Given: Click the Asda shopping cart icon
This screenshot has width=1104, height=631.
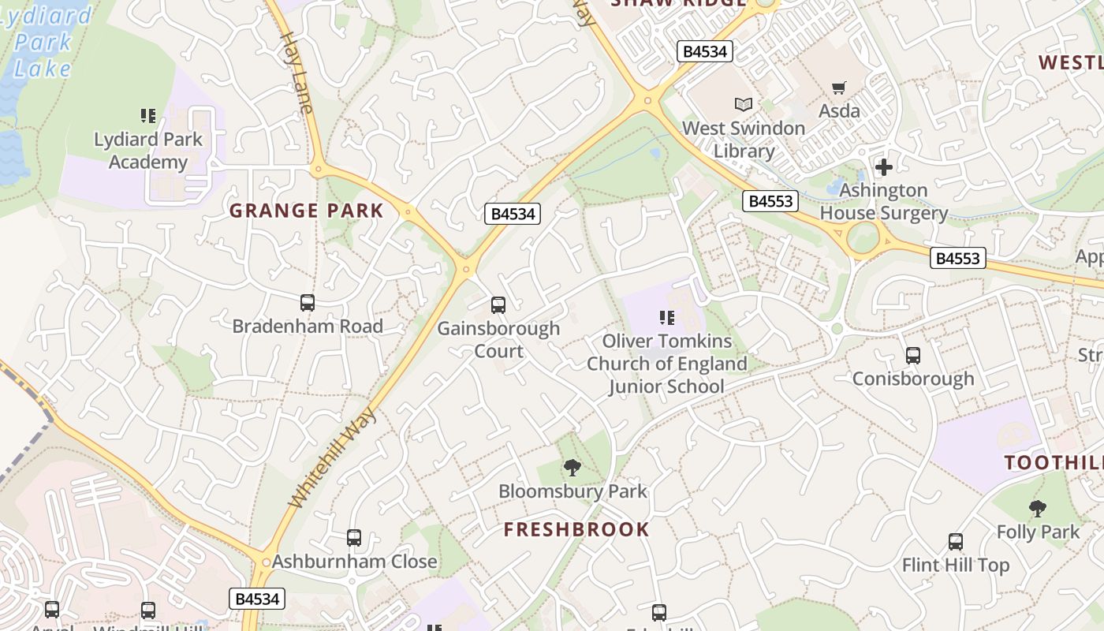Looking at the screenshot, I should pyautogui.click(x=838, y=88).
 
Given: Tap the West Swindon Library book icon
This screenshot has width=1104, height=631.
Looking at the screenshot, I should pyautogui.click(x=743, y=104).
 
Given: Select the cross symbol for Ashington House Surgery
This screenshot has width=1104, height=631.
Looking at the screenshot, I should pyautogui.click(x=884, y=167).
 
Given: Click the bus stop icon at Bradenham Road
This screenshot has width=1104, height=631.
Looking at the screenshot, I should pyautogui.click(x=308, y=303).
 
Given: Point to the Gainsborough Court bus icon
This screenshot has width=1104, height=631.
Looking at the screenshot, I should pyautogui.click(x=498, y=305).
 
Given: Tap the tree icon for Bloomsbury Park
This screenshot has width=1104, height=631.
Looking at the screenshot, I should pyautogui.click(x=573, y=468).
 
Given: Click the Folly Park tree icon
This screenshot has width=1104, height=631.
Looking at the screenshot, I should pyautogui.click(x=1038, y=509).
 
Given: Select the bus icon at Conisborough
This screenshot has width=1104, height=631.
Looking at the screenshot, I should pyautogui.click(x=913, y=356).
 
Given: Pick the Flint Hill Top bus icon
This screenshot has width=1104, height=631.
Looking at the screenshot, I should pyautogui.click(x=956, y=542).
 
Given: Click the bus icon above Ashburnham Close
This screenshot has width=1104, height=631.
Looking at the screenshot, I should pyautogui.click(x=354, y=538).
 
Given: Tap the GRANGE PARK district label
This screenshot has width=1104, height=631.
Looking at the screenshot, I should pyautogui.click(x=306, y=211).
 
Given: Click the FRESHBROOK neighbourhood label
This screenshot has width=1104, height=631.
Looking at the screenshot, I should pyautogui.click(x=576, y=530).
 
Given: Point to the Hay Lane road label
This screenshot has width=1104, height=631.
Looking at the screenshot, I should pyautogui.click(x=296, y=73).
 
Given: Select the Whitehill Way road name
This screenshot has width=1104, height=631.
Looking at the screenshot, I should pyautogui.click(x=333, y=458).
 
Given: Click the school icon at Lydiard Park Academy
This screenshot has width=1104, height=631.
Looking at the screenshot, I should pyautogui.click(x=148, y=117).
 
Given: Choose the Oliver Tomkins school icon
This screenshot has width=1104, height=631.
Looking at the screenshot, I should pyautogui.click(x=667, y=318).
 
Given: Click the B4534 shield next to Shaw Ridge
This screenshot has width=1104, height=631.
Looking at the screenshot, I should pyautogui.click(x=705, y=52).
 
